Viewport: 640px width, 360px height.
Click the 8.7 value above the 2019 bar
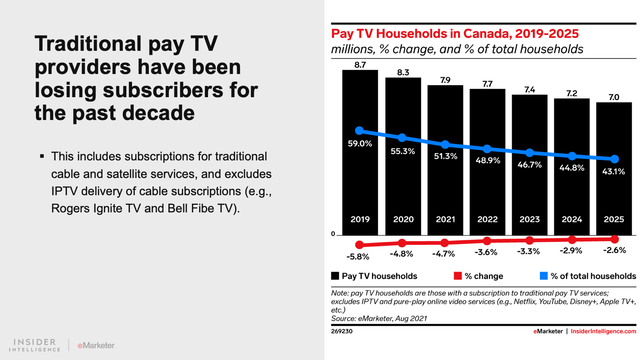(x=360, y=65)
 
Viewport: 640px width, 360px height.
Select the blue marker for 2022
(x=487, y=149)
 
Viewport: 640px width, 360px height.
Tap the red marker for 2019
(x=359, y=244)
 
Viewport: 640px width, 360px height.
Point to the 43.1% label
(x=614, y=172)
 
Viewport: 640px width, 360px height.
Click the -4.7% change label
(x=444, y=254)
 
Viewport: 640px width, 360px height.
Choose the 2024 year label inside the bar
(x=572, y=219)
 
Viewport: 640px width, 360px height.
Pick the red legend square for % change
(x=458, y=276)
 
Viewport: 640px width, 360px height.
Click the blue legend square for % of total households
(x=544, y=276)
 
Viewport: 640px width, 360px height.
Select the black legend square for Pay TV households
(x=335, y=276)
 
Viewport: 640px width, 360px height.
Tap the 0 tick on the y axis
(x=333, y=234)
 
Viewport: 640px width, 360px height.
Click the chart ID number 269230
(x=342, y=331)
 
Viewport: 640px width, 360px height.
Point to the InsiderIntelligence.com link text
(x=603, y=331)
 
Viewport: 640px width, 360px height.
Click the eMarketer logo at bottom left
(x=96, y=345)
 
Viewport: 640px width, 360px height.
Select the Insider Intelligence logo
(x=35, y=345)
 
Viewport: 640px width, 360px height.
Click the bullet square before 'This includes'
(x=42, y=156)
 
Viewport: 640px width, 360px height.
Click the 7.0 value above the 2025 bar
(x=614, y=97)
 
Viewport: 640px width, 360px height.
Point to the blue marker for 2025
(x=615, y=159)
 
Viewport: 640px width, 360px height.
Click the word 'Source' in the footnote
(x=341, y=318)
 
